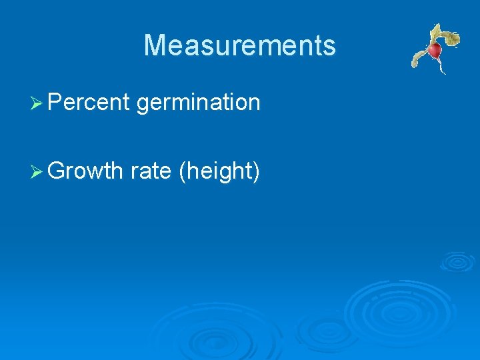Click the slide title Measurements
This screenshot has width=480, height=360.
click(239, 45)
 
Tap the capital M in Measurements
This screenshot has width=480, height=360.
click(155, 45)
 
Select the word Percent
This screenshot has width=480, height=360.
click(88, 102)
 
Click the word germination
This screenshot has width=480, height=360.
click(198, 103)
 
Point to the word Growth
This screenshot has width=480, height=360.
click(85, 171)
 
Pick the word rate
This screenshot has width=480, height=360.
click(151, 171)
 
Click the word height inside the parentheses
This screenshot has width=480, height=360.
click(219, 171)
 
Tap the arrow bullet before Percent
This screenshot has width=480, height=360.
click(37, 103)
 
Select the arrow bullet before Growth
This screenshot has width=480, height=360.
click(37, 172)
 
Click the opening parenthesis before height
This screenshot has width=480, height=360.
click(183, 172)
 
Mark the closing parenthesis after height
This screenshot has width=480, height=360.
click(255, 172)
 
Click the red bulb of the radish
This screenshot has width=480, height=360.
click(435, 51)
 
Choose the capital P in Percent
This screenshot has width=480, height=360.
click(55, 102)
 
